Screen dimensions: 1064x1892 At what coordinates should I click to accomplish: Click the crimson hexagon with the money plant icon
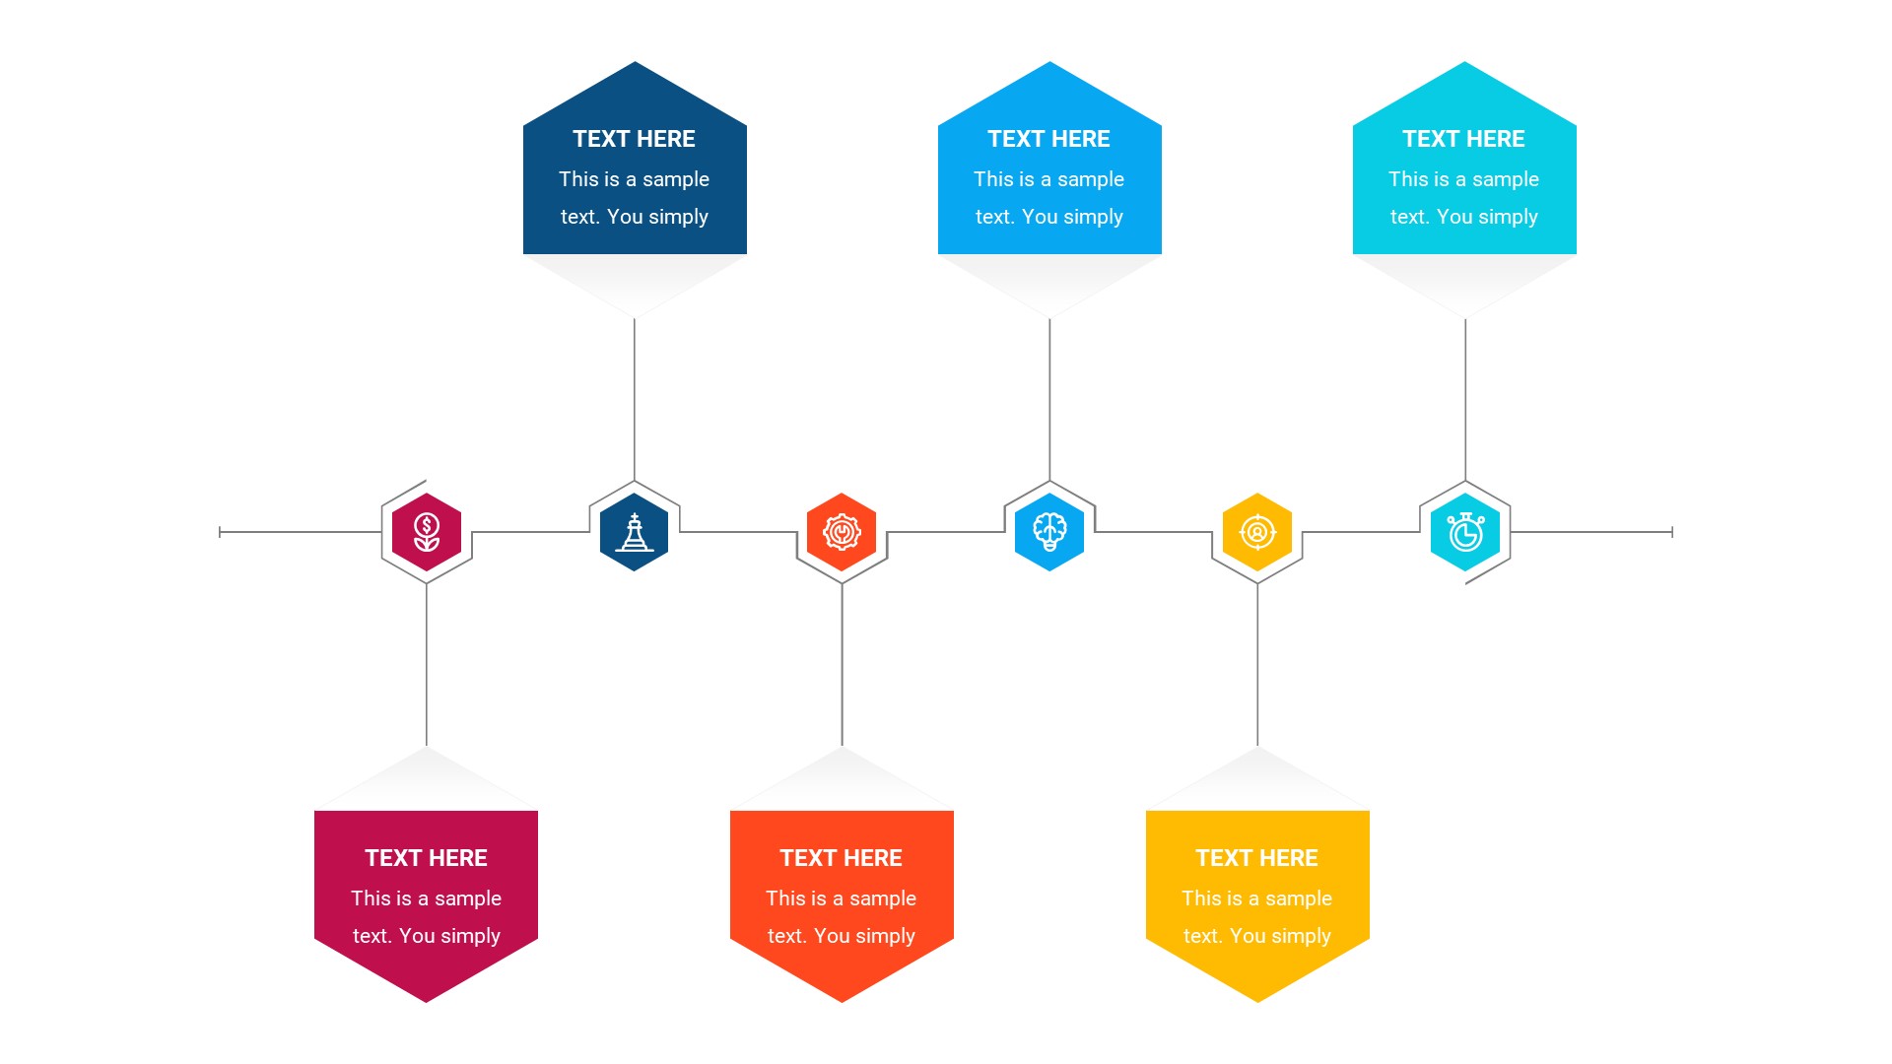[427, 532]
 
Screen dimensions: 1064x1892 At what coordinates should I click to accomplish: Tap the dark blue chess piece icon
[635, 532]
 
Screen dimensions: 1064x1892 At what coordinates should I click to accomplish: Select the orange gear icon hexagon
[842, 532]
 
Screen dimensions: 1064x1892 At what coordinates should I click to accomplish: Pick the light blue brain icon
[1049, 532]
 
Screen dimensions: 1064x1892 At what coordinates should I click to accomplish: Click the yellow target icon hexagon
[1257, 532]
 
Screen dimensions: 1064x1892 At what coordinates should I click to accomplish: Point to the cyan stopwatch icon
[1465, 532]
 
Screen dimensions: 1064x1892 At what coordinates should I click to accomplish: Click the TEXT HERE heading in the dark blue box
[634, 139]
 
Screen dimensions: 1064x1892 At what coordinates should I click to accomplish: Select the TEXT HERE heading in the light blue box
[1048, 139]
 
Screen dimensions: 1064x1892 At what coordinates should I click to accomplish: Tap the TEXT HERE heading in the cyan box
[1463, 139]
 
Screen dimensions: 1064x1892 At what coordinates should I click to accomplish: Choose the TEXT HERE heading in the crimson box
[426, 858]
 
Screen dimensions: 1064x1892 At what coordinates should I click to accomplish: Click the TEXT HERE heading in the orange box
[841, 858]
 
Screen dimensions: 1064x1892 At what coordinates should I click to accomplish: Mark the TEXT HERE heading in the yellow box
[1256, 858]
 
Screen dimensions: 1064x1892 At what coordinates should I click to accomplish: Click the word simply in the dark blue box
[678, 218]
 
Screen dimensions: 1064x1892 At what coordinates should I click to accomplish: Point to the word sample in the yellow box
[1298, 898]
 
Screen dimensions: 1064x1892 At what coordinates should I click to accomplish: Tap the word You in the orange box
[832, 936]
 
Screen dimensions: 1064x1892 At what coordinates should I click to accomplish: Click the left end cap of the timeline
[220, 532]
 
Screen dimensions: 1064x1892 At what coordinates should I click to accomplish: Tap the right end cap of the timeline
[1672, 532]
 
